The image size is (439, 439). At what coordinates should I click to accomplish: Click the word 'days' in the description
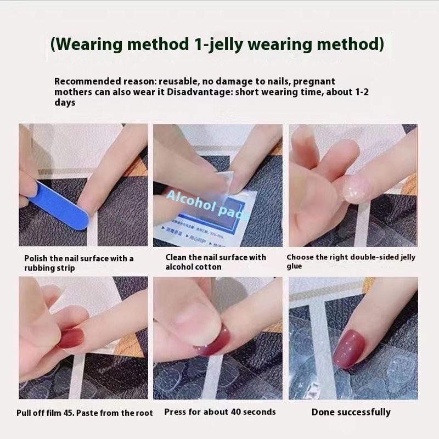pyautogui.click(x=65, y=103)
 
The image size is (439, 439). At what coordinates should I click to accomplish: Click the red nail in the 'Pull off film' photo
pyautogui.click(x=71, y=338)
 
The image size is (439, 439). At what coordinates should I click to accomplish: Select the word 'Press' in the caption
pyautogui.click(x=174, y=412)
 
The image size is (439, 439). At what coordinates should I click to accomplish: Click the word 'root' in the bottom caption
pyautogui.click(x=144, y=413)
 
